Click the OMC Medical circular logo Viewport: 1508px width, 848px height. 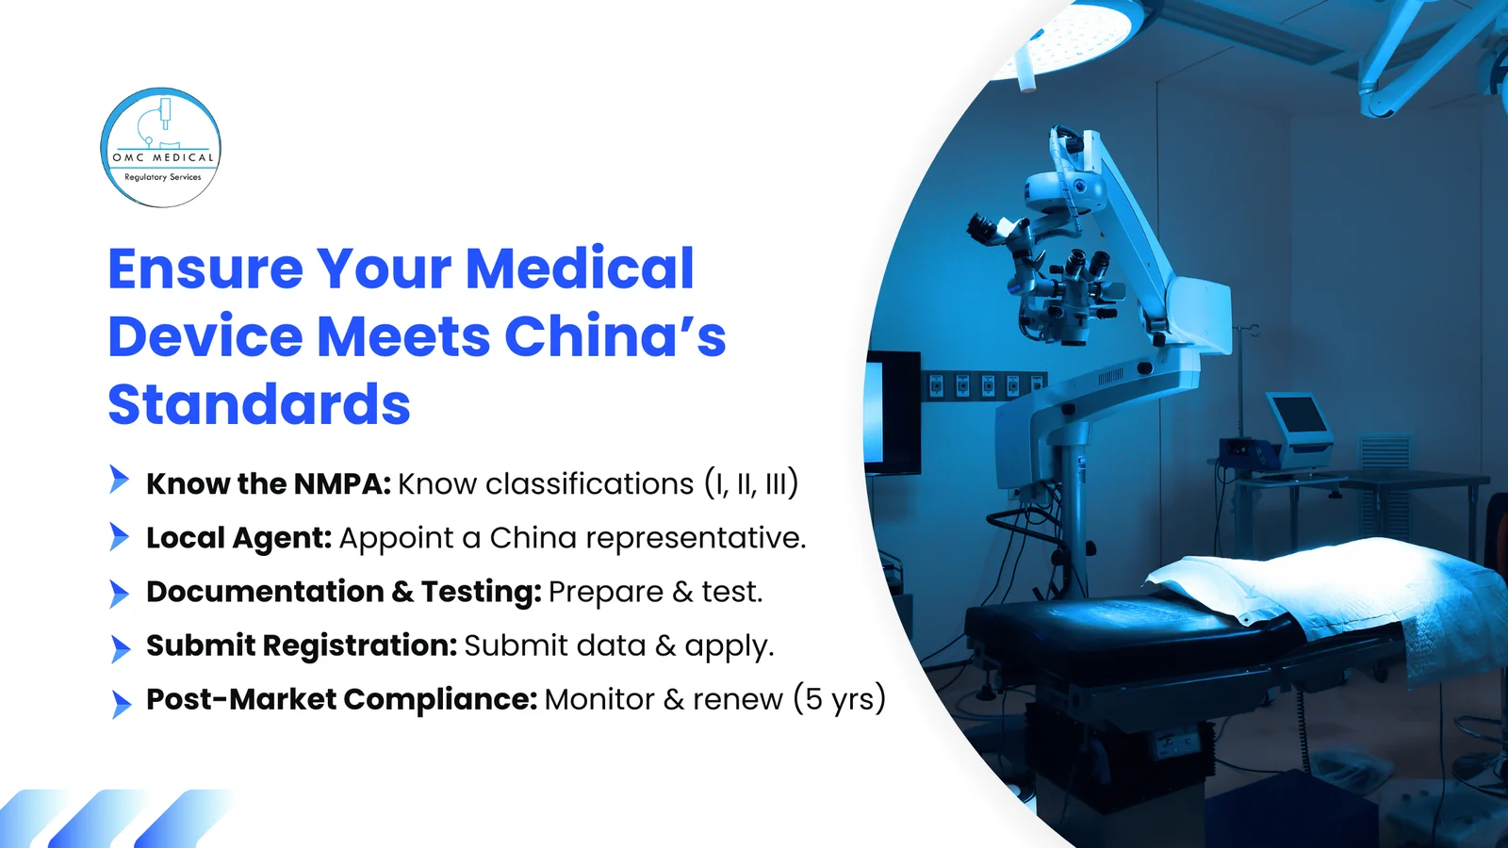click(161, 148)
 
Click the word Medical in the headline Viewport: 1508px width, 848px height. click(580, 269)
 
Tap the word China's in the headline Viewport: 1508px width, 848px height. click(615, 337)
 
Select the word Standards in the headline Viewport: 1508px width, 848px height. click(259, 405)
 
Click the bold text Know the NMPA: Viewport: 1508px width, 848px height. click(268, 483)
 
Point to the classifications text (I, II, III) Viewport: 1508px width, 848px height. click(751, 483)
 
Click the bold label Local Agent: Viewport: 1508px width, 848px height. click(238, 538)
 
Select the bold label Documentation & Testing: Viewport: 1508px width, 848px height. click(343, 592)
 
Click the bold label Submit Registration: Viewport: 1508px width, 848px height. click(301, 645)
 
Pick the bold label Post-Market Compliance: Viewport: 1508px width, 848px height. click(341, 699)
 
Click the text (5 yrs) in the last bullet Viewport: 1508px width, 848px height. click(839, 699)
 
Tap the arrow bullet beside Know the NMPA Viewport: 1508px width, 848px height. click(119, 480)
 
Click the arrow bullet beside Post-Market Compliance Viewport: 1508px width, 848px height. click(120, 703)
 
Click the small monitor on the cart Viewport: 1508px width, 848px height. click(1298, 417)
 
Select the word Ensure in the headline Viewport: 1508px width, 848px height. click(205, 269)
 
